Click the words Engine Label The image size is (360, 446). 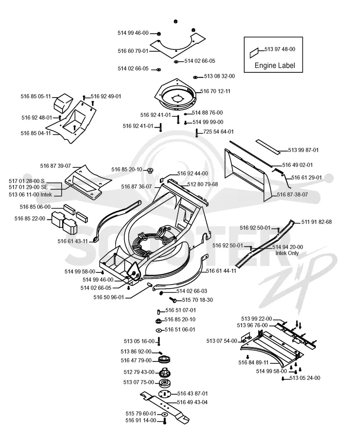(274, 66)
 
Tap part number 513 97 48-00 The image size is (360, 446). (280, 49)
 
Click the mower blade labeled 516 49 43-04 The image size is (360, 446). (165, 406)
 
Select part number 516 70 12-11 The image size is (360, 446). (215, 91)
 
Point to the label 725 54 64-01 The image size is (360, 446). (218, 132)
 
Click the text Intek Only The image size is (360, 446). (287, 253)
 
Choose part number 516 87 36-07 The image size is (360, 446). (136, 187)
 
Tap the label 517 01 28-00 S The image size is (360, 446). (27, 181)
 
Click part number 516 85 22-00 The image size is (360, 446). (30, 219)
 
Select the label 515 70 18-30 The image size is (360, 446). (197, 300)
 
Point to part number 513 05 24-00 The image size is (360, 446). (305, 378)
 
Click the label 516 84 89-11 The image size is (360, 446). (253, 363)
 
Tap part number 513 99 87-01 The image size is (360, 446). (303, 150)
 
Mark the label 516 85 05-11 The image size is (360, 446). (36, 96)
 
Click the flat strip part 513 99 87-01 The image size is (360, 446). (267, 147)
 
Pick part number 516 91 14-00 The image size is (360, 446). (140, 420)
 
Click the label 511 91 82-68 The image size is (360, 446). (316, 222)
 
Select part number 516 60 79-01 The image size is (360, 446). (133, 51)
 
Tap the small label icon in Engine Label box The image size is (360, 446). (254, 53)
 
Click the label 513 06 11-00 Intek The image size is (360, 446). (30, 195)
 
